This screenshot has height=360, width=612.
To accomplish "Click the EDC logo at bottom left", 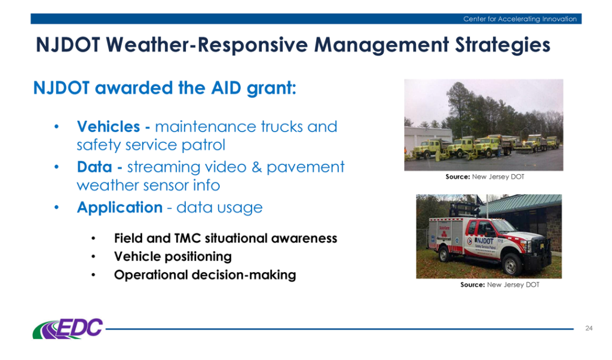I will pos(68,328).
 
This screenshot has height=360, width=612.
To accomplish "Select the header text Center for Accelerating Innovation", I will pos(519,19).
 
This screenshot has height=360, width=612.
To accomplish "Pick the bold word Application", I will pos(120,208).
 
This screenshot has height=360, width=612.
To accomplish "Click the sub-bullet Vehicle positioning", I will pos(173,257).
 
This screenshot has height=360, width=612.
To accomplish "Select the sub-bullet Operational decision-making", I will pos(205,275).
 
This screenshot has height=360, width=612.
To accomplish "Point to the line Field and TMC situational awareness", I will pos(225,239).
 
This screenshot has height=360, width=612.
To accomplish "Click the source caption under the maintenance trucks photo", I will pos(484,177).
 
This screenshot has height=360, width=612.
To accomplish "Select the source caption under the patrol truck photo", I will pos(499,285).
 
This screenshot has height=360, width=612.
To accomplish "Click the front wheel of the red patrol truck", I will pos(513,264).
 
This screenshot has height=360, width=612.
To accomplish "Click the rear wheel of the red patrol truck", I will pos(445,255).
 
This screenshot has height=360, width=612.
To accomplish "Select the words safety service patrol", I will pos(126,145).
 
